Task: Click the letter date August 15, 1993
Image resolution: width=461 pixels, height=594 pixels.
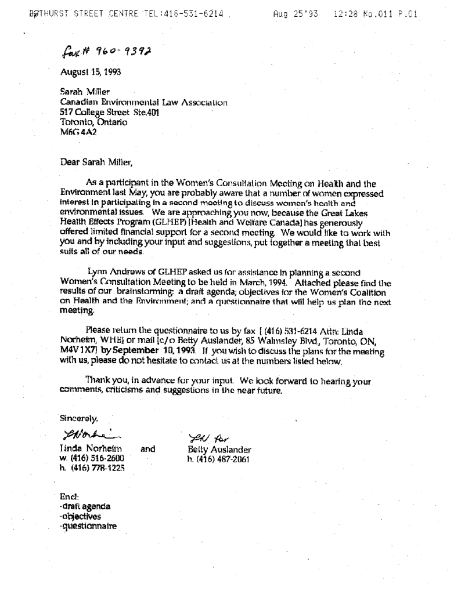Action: (85, 73)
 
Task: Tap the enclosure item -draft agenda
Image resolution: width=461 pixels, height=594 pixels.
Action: (85, 507)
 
